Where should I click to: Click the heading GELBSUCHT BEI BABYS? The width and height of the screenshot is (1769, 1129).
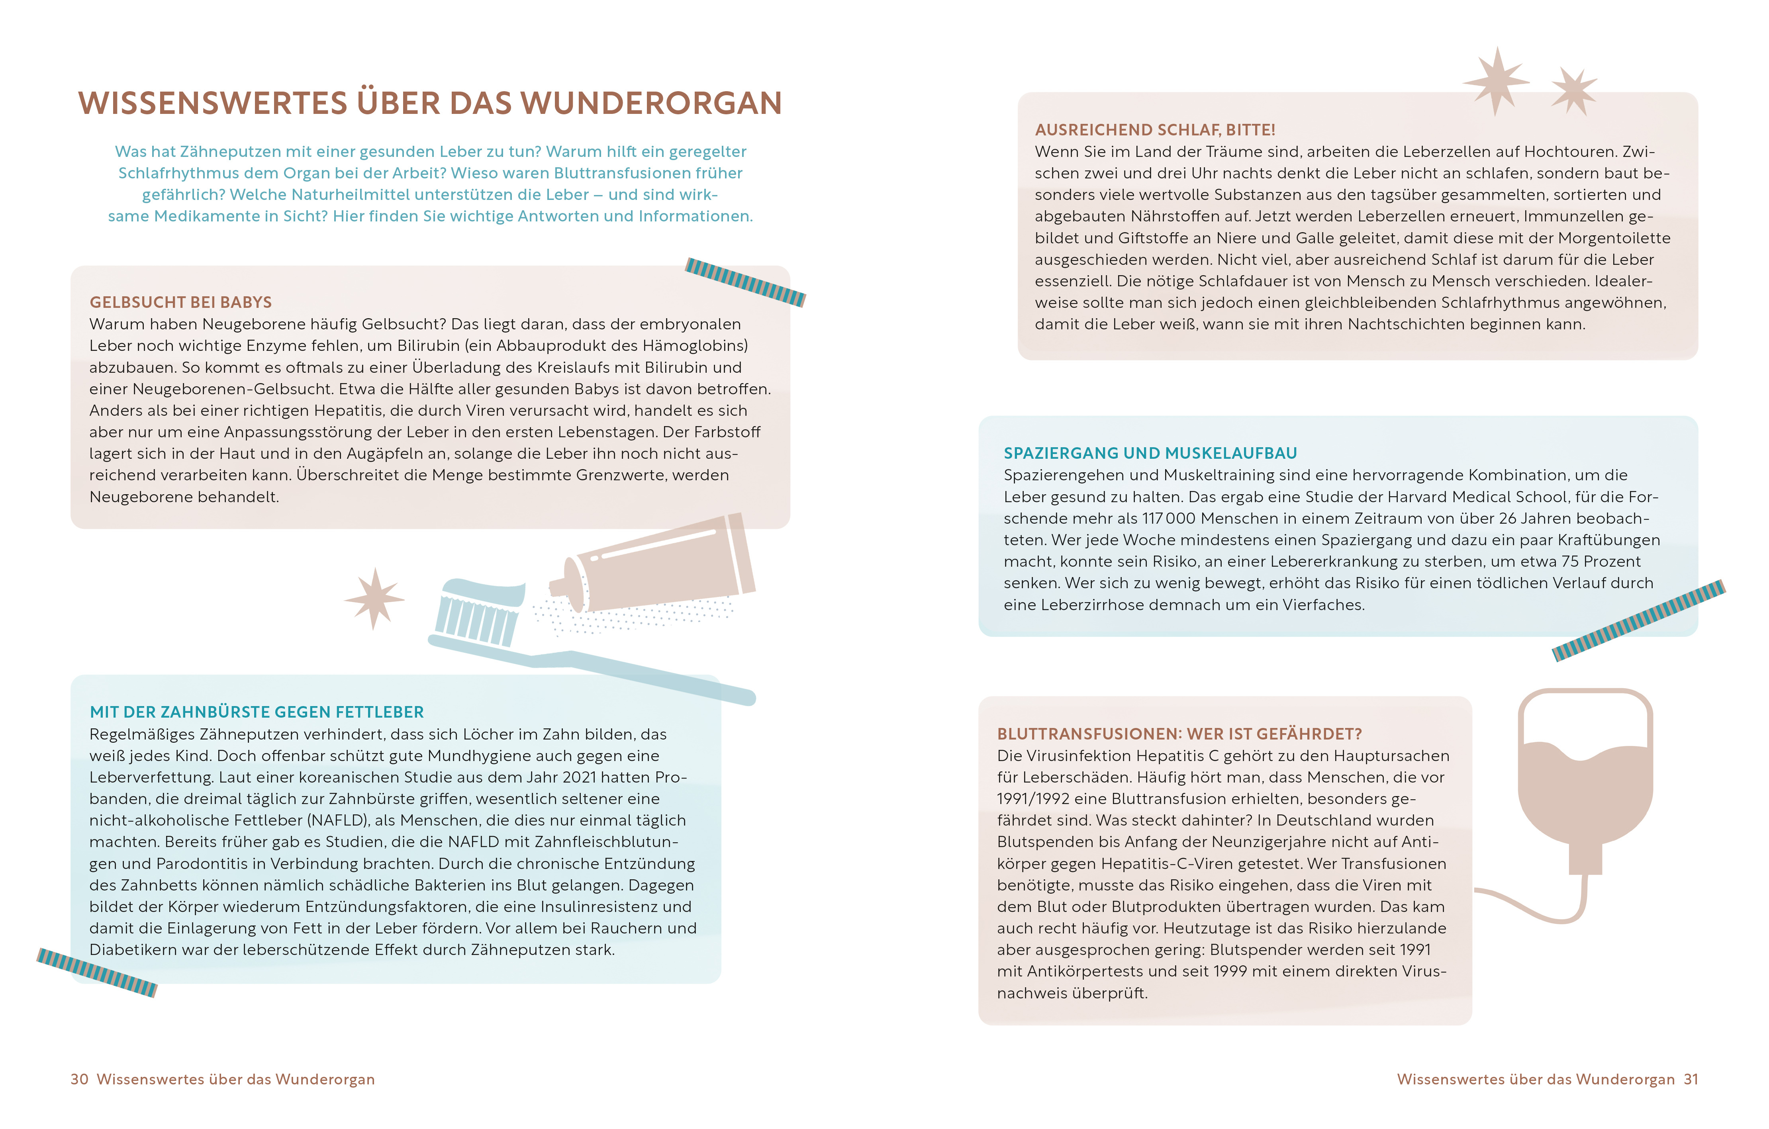click(181, 303)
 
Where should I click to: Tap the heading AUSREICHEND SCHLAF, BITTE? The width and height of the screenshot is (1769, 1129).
click(1155, 130)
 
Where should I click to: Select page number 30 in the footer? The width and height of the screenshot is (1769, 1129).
click(79, 1079)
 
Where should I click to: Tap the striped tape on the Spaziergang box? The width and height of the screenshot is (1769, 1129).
click(1638, 621)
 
